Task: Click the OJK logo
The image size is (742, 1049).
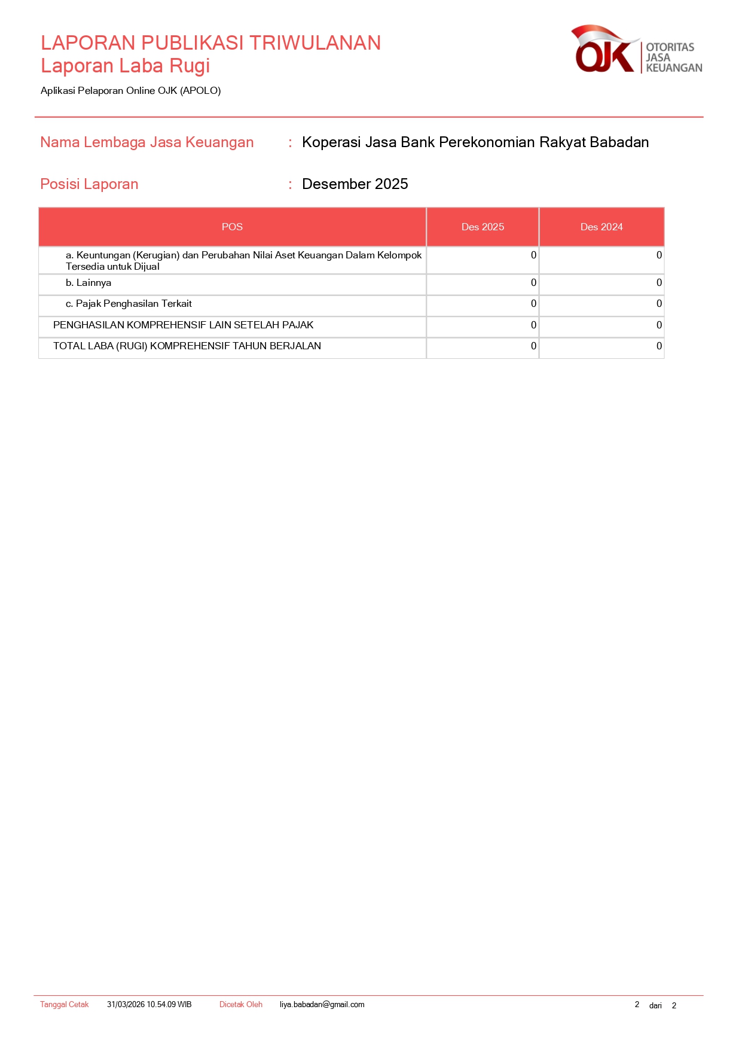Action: click(x=635, y=50)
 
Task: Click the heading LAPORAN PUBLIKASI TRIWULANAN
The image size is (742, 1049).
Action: click(x=210, y=43)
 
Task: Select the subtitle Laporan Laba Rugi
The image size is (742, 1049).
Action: click(x=125, y=66)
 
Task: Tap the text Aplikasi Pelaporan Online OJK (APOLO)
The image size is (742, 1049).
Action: click(x=130, y=91)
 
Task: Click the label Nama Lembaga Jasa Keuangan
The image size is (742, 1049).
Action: click(x=146, y=142)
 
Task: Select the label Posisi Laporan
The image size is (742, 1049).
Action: click(x=89, y=184)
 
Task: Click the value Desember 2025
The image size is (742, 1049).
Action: click(x=355, y=184)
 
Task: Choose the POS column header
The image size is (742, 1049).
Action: click(x=232, y=227)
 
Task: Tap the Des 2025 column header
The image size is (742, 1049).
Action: click(x=483, y=227)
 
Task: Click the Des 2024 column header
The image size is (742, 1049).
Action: click(x=601, y=227)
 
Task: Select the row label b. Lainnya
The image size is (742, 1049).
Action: click(x=88, y=283)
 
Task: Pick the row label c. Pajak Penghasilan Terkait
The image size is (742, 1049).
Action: click(x=129, y=304)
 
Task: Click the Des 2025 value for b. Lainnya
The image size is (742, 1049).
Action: click(x=533, y=283)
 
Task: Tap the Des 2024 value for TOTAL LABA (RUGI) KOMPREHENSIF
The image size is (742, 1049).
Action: click(x=659, y=346)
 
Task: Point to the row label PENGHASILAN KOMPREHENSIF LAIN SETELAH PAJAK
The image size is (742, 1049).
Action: click(x=183, y=325)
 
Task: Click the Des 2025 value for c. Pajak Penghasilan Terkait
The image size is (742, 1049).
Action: click(x=533, y=304)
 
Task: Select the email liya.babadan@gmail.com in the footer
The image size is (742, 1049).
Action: click(x=322, y=1005)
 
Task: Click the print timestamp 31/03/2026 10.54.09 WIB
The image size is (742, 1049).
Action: click(x=149, y=1005)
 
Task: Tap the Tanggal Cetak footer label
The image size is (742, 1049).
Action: click(x=64, y=1005)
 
